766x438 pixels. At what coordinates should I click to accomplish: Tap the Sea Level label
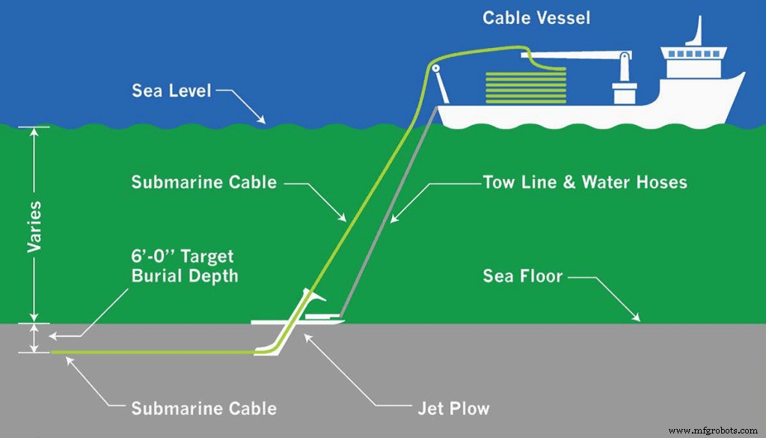click(x=171, y=91)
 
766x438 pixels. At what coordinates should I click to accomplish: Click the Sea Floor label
click(x=522, y=276)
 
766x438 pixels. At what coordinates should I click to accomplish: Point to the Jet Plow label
click(x=453, y=408)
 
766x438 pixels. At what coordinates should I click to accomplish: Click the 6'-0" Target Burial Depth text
click(x=184, y=267)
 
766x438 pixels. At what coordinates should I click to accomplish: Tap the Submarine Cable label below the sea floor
click(x=203, y=409)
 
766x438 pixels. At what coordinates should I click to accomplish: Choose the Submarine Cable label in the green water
click(x=203, y=182)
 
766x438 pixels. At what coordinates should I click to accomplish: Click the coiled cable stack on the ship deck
click(x=516, y=87)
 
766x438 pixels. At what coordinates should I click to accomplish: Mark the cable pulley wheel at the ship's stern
click(x=433, y=70)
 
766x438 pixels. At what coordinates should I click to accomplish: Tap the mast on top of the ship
click(x=699, y=31)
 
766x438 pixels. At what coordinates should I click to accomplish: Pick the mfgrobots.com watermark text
click(x=714, y=431)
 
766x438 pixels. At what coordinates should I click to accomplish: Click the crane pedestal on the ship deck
click(x=623, y=91)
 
